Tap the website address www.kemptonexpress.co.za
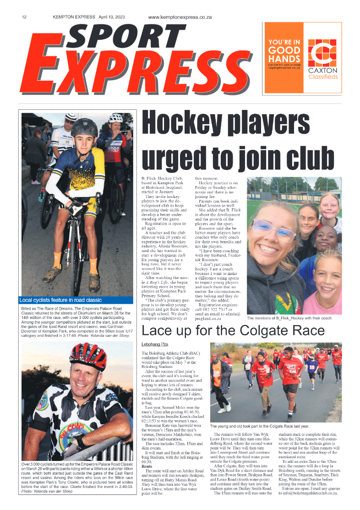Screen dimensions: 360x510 [179, 17]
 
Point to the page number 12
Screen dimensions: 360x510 [24, 17]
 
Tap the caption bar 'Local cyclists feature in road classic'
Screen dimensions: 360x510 [60, 300]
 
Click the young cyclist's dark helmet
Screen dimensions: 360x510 [84, 127]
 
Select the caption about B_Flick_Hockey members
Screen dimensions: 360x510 [289, 318]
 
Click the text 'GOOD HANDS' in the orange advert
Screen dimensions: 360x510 [284, 54]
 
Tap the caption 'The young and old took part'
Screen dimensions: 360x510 [259, 426]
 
